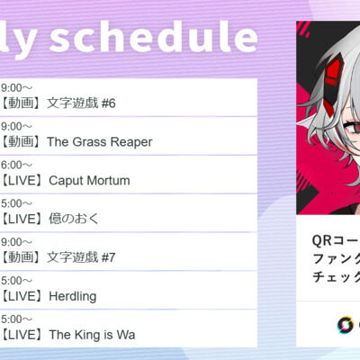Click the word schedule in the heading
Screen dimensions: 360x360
tap(154, 38)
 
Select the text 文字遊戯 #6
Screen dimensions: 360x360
tap(81, 103)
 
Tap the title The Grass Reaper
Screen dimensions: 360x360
tap(100, 142)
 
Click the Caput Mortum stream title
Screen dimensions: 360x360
tap(89, 181)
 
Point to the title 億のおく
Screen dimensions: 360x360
tap(74, 219)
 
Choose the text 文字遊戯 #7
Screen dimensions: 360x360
tap(81, 257)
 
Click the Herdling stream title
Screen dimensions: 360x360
tap(73, 296)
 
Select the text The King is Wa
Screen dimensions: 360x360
tap(92, 335)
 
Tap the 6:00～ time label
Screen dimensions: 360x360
tap(16, 165)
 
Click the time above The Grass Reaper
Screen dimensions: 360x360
tap(16, 126)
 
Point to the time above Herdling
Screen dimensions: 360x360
tap(16, 281)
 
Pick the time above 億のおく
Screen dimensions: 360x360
tap(16, 203)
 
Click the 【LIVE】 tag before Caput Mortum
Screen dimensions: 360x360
tap(22, 181)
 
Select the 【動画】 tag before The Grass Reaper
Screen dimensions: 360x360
tap(22, 142)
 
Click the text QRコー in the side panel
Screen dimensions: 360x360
tap(336, 240)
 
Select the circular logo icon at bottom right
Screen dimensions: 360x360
tap(345, 325)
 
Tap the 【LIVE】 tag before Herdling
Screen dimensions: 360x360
tap(22, 296)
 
